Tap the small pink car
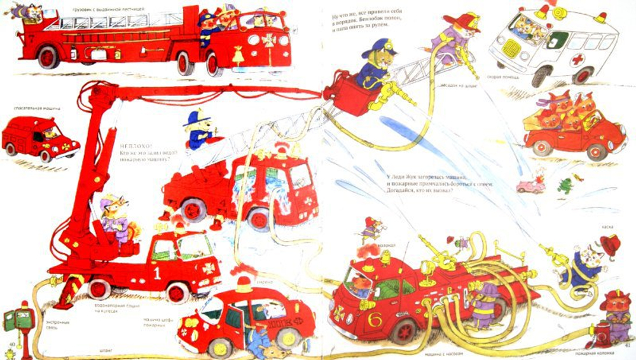530,186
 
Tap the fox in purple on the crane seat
114,216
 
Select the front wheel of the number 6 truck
404,330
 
